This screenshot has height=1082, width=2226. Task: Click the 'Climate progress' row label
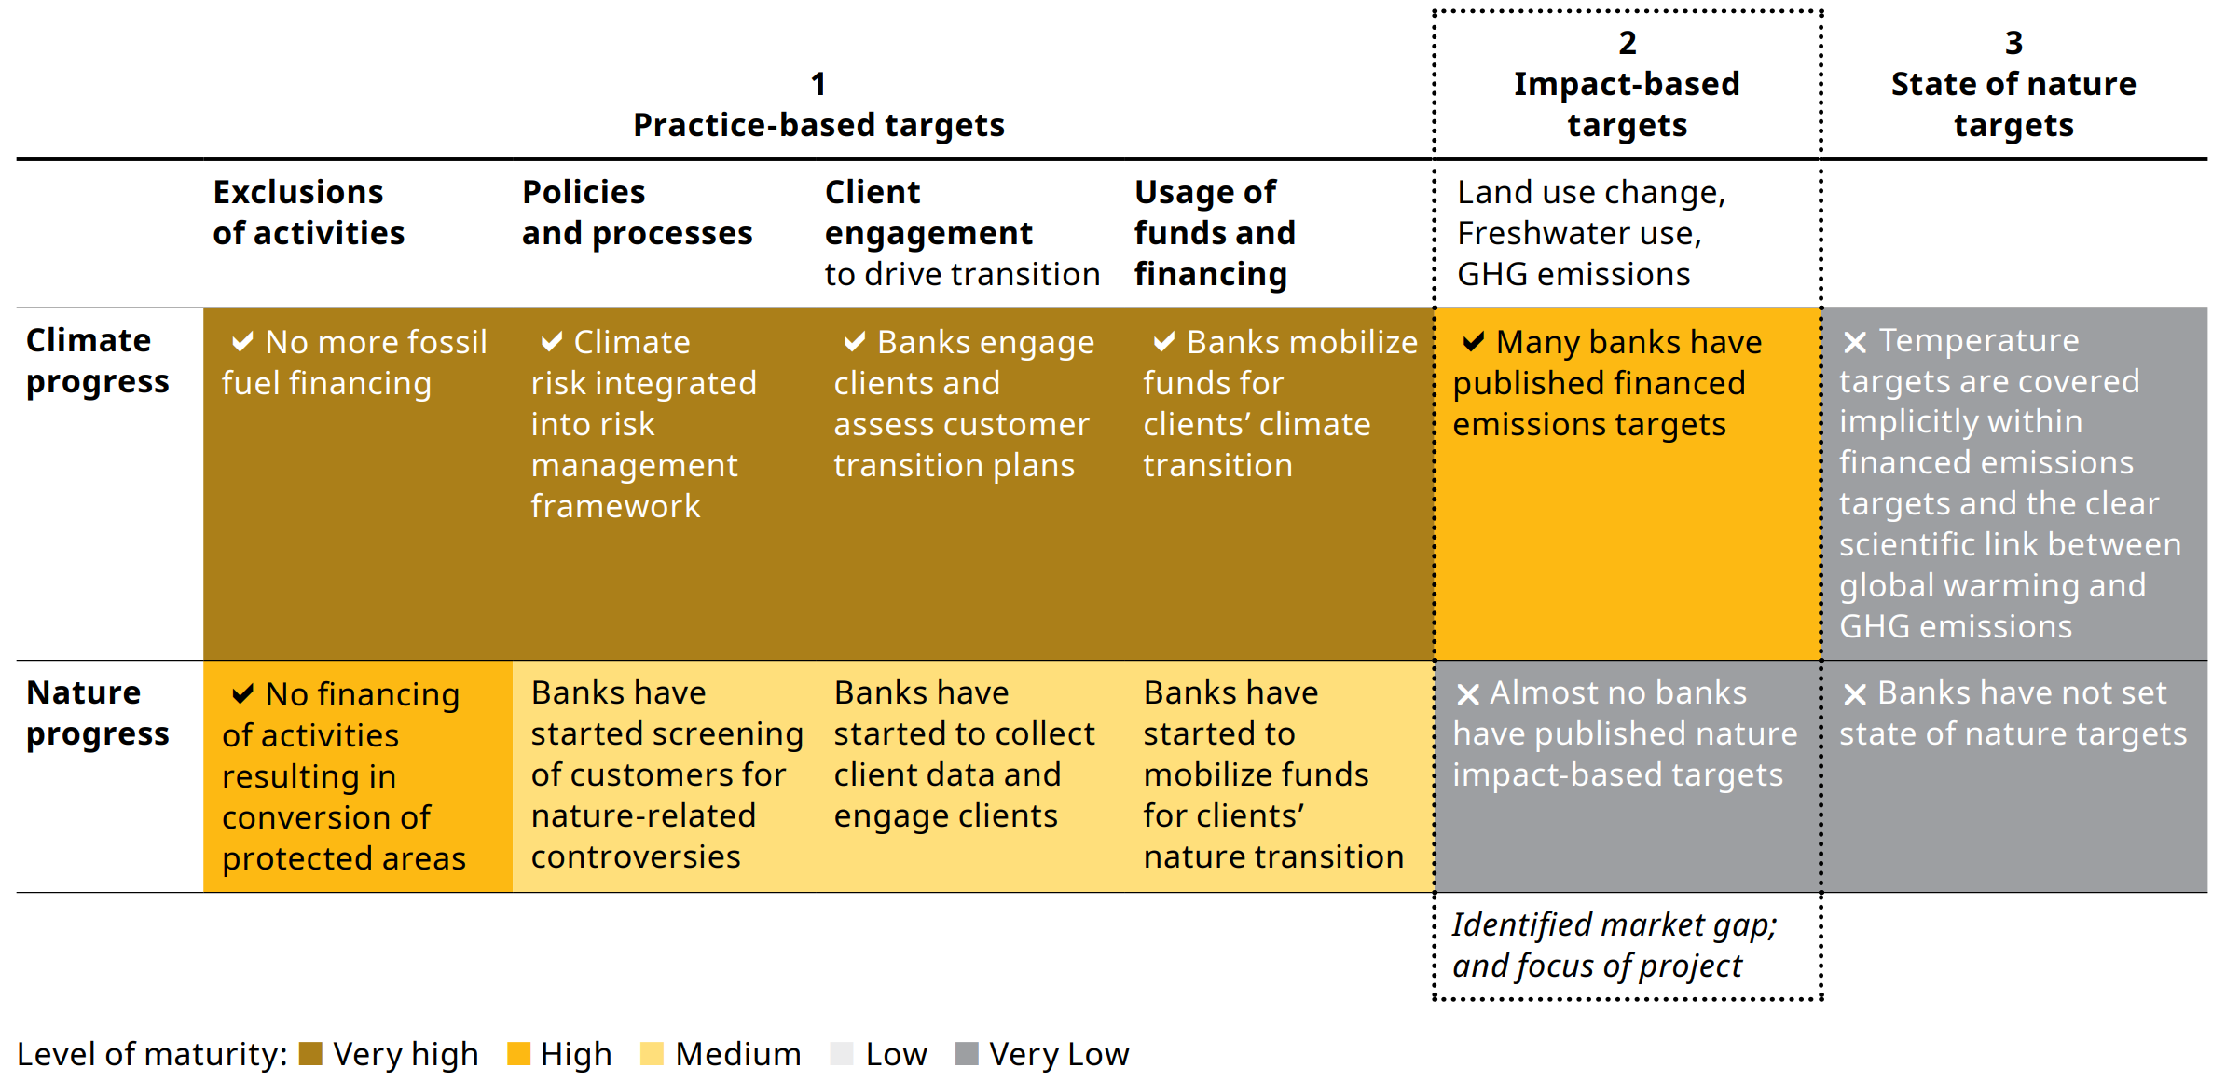[97, 362]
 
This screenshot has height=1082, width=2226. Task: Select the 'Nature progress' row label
[97, 714]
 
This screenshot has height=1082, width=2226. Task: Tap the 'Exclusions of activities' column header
[308, 212]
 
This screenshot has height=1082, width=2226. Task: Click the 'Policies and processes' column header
[637, 212]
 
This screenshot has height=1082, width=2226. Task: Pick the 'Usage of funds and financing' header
[1214, 233]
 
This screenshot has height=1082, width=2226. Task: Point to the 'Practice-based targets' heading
[818, 125]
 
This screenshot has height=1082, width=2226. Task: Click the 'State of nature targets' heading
[2013, 104]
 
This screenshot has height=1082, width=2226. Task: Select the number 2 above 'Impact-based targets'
[1627, 43]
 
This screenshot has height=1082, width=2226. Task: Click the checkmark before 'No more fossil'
[242, 342]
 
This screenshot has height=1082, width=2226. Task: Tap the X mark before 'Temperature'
[1854, 342]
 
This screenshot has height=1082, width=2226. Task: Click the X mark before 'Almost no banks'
[1467, 694]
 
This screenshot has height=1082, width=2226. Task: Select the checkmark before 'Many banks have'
[1473, 342]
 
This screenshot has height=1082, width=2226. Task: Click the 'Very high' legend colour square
[310, 1054]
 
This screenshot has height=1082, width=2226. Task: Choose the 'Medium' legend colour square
[653, 1054]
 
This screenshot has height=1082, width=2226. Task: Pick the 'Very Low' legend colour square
[967, 1054]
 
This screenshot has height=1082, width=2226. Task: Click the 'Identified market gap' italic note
[1614, 945]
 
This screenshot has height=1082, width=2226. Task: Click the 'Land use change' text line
[1590, 192]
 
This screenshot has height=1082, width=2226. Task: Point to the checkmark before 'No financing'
[242, 694]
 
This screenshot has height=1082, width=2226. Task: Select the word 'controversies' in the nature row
[635, 856]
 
